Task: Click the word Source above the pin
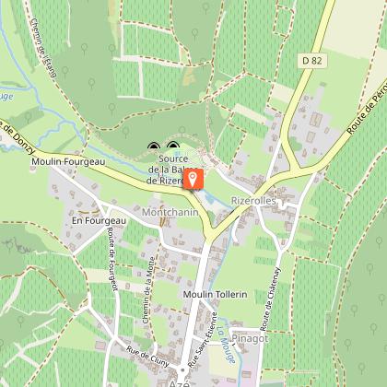pyautogui.click(x=167, y=158)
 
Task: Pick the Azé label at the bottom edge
pyautogui.click(x=166, y=381)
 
